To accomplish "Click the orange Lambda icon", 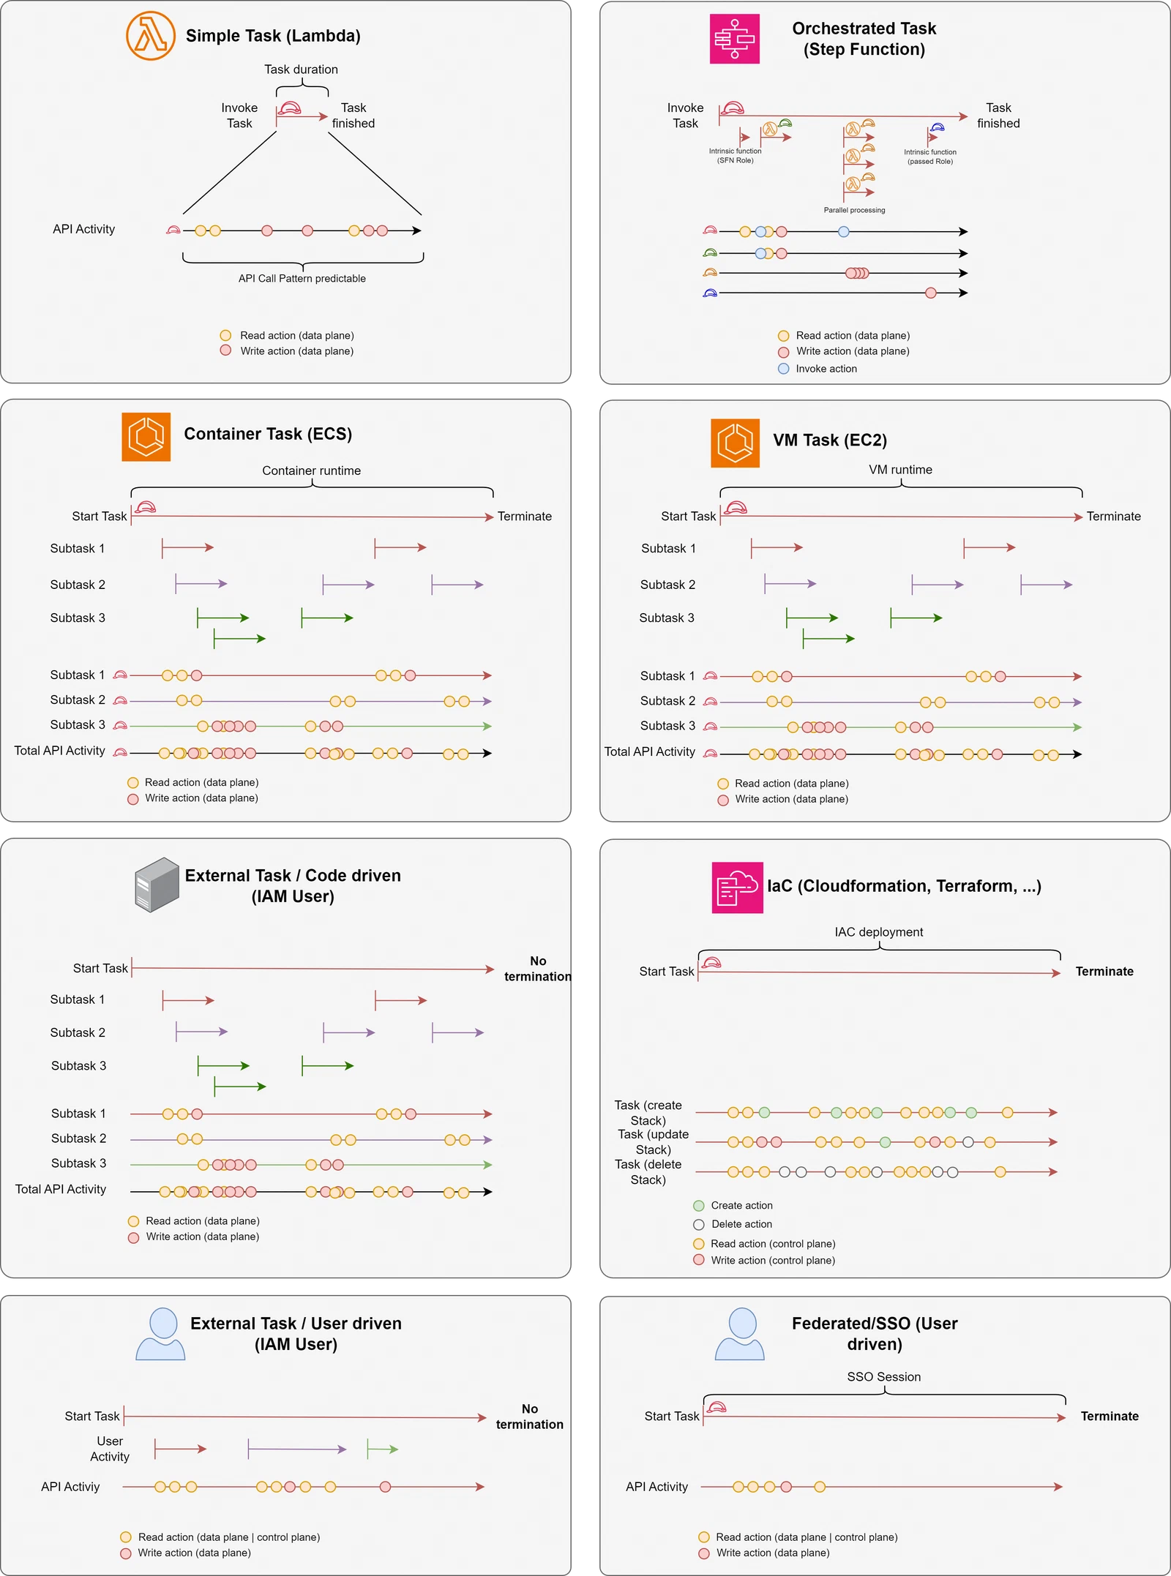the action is click(150, 36).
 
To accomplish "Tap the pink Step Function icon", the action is click(734, 39).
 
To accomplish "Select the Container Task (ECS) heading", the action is click(268, 434).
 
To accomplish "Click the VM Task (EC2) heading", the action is click(830, 440).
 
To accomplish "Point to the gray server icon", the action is click(157, 885).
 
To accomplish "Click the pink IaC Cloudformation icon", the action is click(737, 888).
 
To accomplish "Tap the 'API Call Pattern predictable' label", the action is click(302, 279).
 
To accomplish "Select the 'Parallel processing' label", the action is click(854, 210).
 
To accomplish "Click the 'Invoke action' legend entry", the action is click(818, 369).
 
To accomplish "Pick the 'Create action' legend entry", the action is click(733, 1205).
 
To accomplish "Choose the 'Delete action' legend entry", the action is click(733, 1224).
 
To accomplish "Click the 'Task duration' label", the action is click(301, 70).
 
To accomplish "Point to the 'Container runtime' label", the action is click(311, 470).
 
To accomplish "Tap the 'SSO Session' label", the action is click(883, 1377).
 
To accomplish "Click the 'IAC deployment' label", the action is click(878, 932).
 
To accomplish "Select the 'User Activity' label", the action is click(110, 1449).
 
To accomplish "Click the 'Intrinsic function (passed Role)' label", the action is click(929, 157).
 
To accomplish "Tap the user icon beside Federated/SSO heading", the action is click(739, 1334).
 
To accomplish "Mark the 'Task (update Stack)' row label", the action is click(653, 1141).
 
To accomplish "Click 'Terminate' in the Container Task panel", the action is click(524, 517).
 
